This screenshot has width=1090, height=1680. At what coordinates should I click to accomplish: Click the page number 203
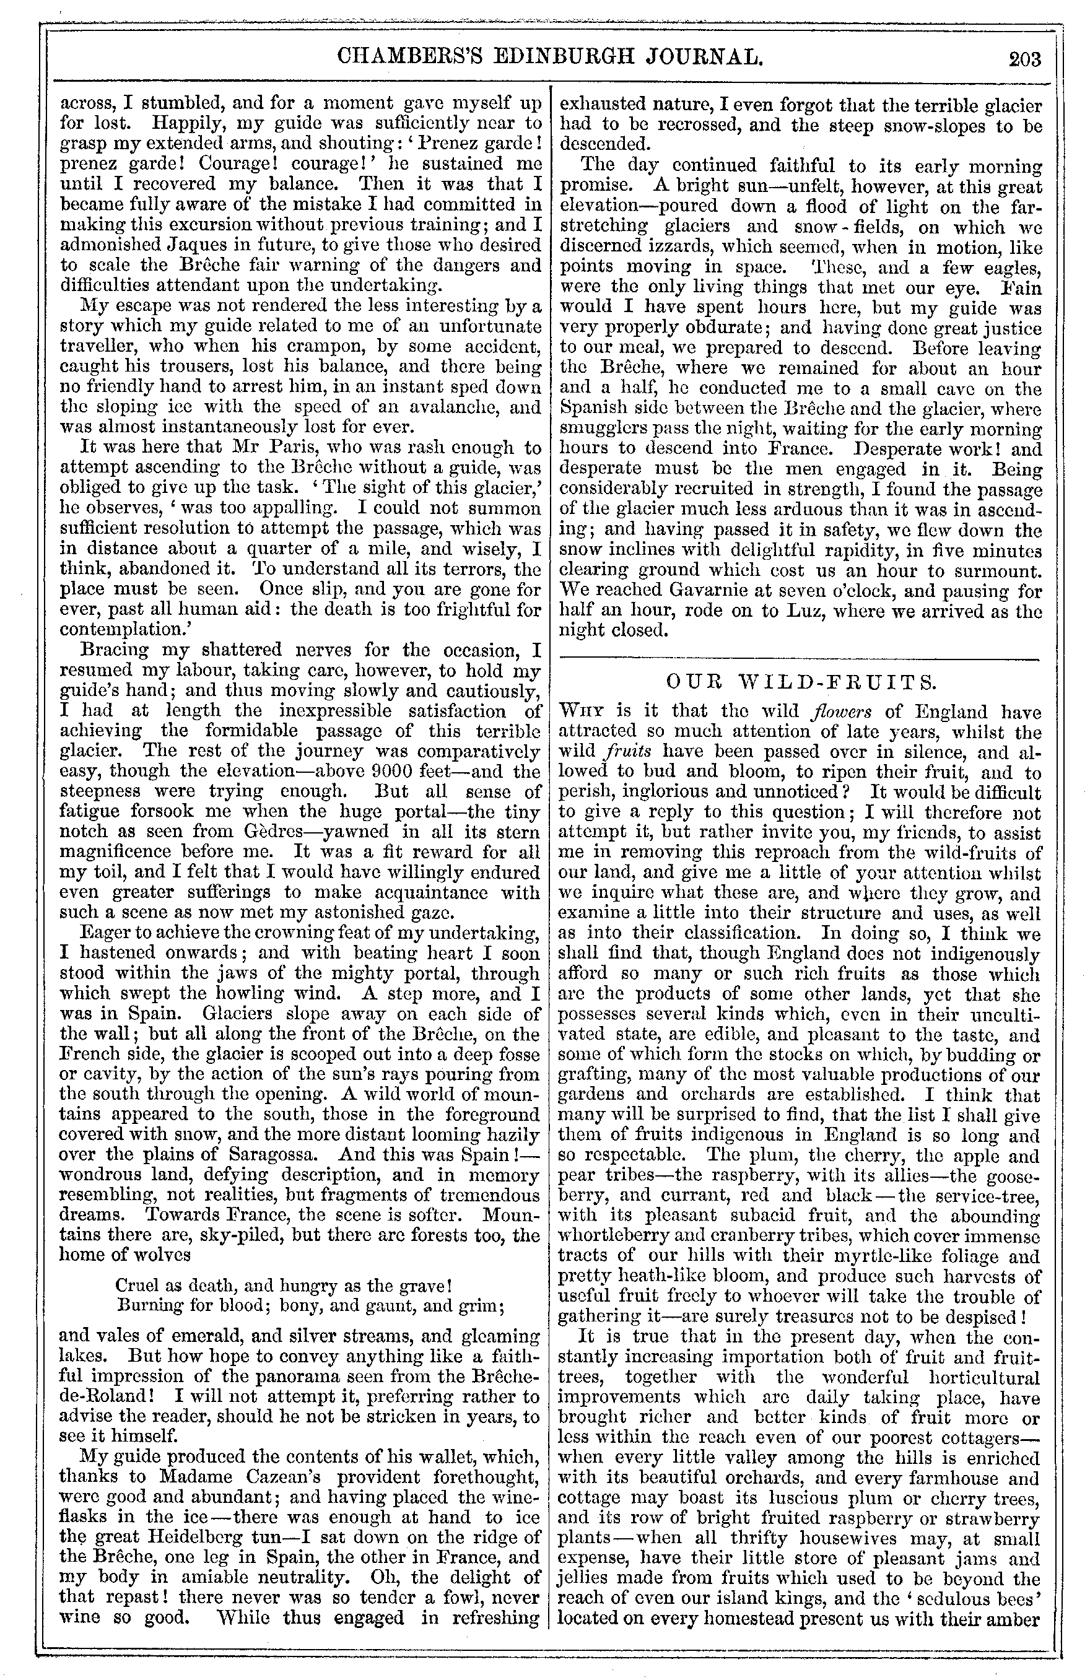click(1025, 59)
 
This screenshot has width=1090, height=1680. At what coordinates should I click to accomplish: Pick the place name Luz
click(786, 611)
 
